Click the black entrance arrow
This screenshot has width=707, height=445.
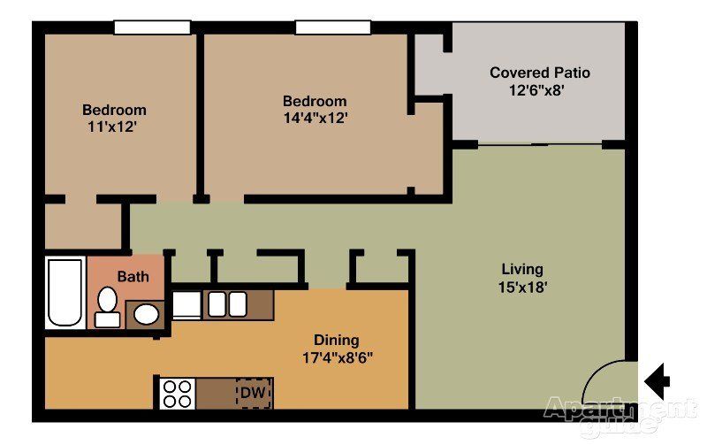coord(658,381)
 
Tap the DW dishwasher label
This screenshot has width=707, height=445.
coord(253,393)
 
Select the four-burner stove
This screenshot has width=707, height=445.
coord(178,394)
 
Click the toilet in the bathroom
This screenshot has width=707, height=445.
coord(107,307)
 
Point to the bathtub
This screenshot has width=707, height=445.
coord(65,293)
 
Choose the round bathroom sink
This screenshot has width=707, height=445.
coord(146,314)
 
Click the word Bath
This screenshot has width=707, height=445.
coord(133,276)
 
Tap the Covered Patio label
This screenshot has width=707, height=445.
coord(540,73)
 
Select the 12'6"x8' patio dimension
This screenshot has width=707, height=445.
coord(536,90)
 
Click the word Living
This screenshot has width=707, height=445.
coord(522,270)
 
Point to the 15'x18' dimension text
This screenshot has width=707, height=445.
coord(522,287)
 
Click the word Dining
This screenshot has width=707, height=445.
coord(337,341)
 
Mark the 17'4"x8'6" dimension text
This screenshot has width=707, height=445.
coord(338,358)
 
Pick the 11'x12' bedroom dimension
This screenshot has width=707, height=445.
coord(112,127)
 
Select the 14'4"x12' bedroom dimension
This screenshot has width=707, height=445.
coord(315,118)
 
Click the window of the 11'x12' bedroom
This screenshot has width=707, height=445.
coord(152,27)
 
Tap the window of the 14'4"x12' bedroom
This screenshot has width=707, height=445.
coord(333,27)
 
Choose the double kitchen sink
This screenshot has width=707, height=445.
coord(227,304)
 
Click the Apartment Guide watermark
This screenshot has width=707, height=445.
coord(620,415)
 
